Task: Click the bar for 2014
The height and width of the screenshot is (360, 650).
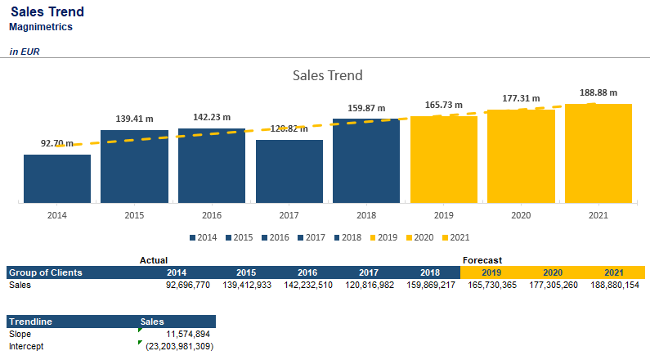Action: click(x=56, y=178)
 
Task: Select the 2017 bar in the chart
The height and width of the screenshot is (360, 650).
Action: click(x=289, y=171)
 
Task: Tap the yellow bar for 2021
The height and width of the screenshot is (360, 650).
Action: click(x=598, y=153)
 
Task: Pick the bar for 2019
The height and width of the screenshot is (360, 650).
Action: click(x=443, y=159)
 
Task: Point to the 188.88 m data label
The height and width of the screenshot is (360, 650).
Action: click(x=598, y=92)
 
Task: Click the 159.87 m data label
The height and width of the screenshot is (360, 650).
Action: click(x=365, y=108)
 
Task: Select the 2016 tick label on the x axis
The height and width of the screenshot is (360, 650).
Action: click(x=211, y=215)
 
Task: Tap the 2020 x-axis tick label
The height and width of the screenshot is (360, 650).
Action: click(x=521, y=215)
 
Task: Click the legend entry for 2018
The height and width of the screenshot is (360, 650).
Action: click(x=348, y=237)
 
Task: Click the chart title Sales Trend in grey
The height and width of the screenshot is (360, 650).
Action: click(x=327, y=75)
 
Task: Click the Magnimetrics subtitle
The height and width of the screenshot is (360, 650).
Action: click(x=41, y=27)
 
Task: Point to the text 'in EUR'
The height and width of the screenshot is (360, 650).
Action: click(x=25, y=52)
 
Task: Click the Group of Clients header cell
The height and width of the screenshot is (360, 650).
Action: click(x=45, y=272)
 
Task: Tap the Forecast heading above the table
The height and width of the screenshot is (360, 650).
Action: click(x=482, y=259)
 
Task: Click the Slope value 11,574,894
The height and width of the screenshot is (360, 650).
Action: click(x=187, y=334)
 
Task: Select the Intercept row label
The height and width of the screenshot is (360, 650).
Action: click(x=26, y=346)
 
